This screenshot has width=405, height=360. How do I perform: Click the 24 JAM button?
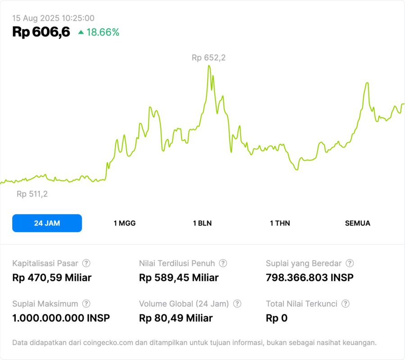tap(47, 223)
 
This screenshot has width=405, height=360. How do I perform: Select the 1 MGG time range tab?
tap(124, 223)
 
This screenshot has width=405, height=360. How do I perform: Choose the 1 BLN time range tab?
tap(202, 223)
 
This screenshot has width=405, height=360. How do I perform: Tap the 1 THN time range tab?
tap(280, 223)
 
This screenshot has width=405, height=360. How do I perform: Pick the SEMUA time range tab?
tap(358, 223)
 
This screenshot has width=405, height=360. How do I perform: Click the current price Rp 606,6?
tap(41, 32)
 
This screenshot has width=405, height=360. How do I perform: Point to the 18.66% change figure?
tap(103, 32)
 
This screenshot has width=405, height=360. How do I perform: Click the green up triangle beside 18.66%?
tap(81, 32)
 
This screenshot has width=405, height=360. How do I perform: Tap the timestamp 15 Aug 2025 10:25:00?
tap(53, 18)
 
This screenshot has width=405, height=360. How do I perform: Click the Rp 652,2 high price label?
tap(209, 58)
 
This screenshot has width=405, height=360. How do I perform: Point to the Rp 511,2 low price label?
tap(32, 194)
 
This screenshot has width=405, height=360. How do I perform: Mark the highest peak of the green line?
tap(209, 66)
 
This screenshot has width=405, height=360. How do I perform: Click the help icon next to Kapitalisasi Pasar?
tap(86, 263)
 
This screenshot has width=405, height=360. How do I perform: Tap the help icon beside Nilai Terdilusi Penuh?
tap(223, 263)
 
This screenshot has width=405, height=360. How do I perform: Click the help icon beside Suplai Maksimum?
tap(86, 304)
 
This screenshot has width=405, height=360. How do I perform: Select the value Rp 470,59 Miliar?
tap(52, 278)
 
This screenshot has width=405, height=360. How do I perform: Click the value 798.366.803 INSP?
tap(309, 278)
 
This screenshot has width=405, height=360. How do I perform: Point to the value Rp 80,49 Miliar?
tap(176, 318)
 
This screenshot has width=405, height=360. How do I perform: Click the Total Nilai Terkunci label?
tap(301, 304)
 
